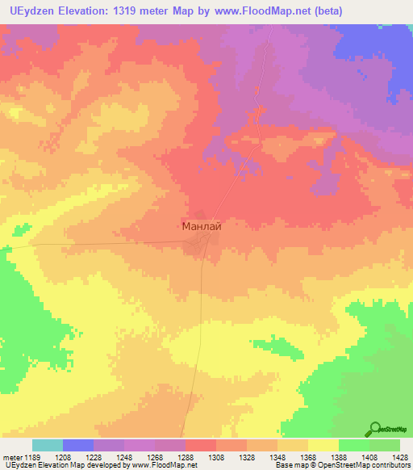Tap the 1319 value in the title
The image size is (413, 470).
pos(127,11)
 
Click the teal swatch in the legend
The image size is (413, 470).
pos(48,445)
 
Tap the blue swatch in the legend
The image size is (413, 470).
pos(78,445)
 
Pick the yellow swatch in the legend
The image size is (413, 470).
pos(323,445)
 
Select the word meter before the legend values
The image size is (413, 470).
pos(12,457)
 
